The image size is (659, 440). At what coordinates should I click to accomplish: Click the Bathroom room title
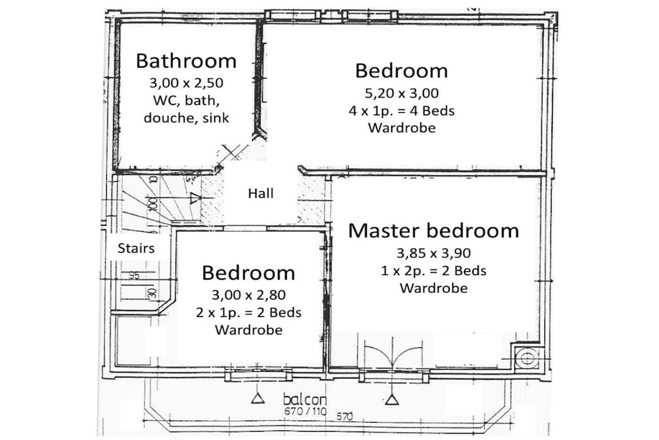click(x=186, y=61)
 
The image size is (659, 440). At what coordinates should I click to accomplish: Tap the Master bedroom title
click(x=433, y=231)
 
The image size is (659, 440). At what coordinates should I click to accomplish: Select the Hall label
click(x=261, y=193)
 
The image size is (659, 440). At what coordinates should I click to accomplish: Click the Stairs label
click(x=136, y=248)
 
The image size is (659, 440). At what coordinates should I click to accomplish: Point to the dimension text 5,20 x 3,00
click(x=402, y=93)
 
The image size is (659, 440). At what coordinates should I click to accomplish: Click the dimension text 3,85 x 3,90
click(x=434, y=253)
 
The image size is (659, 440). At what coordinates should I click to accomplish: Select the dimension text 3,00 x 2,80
click(x=248, y=295)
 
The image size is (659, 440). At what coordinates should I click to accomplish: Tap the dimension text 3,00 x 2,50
click(x=186, y=83)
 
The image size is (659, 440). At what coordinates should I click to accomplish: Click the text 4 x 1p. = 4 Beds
click(x=402, y=111)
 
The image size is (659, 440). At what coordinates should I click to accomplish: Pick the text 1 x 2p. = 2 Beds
click(x=434, y=271)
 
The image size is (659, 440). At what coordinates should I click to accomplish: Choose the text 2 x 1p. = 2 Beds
click(x=248, y=312)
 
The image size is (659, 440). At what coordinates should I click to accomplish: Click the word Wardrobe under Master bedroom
click(x=434, y=288)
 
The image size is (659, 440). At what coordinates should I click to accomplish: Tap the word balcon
click(x=304, y=399)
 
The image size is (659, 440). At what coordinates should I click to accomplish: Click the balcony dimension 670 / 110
click(x=305, y=412)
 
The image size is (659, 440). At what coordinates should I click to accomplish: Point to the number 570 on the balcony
click(x=345, y=417)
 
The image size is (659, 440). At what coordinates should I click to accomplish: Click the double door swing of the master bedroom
click(x=393, y=352)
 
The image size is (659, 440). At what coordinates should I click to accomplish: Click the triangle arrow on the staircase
click(x=194, y=198)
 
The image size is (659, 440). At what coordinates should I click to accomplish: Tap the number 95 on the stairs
click(x=134, y=276)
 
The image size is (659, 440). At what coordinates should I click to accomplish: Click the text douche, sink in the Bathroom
click(x=186, y=118)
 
